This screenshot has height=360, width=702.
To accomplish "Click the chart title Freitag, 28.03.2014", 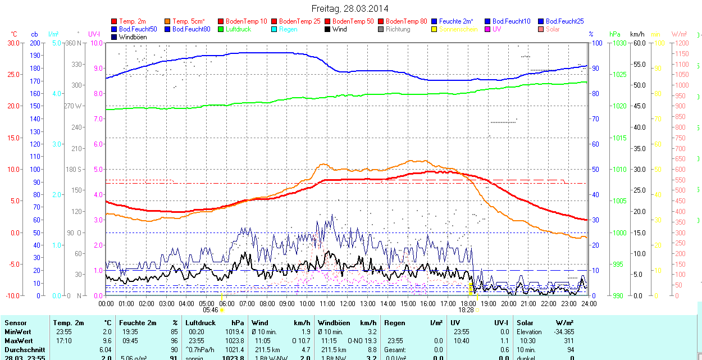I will [x=350, y=9].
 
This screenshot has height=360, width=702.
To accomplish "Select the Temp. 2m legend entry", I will [x=132, y=21].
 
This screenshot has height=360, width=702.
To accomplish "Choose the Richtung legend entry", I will [x=398, y=29].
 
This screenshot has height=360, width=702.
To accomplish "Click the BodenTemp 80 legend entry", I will [x=407, y=21].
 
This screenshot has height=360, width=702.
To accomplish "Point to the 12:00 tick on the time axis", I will [x=348, y=303].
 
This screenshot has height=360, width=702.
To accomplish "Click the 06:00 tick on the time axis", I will [x=227, y=303].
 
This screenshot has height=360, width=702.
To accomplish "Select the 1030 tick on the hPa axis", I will [x=619, y=43].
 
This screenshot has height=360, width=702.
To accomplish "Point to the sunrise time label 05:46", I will [x=210, y=310].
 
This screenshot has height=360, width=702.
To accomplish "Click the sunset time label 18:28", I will [x=466, y=310].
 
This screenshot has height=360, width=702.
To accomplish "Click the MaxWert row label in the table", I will [x=19, y=341].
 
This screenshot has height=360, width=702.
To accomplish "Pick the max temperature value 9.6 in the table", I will [x=106, y=341].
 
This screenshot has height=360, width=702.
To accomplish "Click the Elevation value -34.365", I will [x=562, y=332].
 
